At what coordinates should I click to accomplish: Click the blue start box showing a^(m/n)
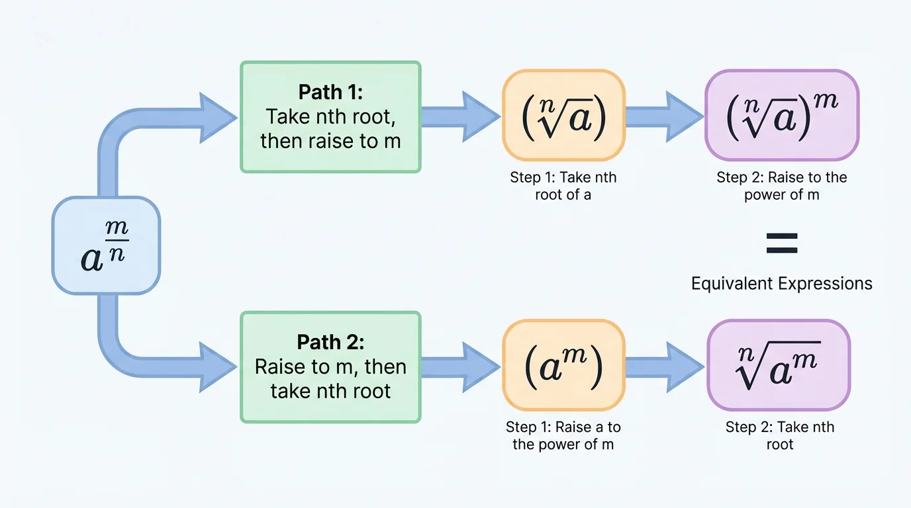[106, 245]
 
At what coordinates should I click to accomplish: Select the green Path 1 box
[330, 117]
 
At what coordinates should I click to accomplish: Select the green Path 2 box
[330, 367]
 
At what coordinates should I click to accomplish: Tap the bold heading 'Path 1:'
[330, 91]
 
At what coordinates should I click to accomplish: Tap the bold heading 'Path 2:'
[330, 342]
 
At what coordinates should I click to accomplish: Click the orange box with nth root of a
[563, 115]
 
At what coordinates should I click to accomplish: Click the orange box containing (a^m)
[563, 365]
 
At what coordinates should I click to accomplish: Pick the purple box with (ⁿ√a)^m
[781, 115]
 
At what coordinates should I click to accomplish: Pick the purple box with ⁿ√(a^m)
[779, 365]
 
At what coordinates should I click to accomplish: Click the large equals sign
[781, 243]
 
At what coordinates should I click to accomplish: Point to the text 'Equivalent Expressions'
[781, 284]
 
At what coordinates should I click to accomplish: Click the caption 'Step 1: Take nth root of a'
[563, 186]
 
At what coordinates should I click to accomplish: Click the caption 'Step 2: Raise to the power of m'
[781, 186]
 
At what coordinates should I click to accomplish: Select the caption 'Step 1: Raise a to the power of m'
[563, 436]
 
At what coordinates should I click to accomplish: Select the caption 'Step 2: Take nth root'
[779, 436]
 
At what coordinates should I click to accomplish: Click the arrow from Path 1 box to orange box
[460, 117]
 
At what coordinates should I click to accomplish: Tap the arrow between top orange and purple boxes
[663, 117]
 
